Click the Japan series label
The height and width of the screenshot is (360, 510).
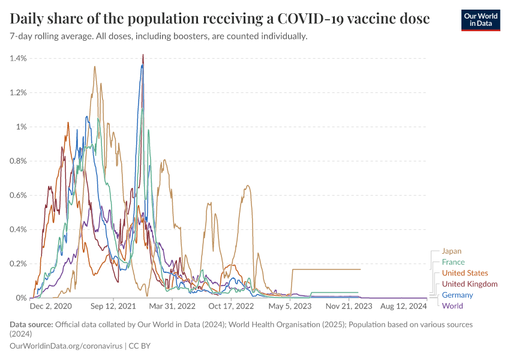pos(451,251)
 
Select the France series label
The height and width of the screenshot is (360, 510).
pos(453,262)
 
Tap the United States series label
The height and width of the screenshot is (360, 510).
pos(465,273)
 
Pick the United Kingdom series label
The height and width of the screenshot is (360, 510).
pos(469,284)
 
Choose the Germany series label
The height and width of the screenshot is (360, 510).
pos(457,295)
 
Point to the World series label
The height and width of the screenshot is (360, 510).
pos(452,305)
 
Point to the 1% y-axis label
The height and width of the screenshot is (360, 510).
pos(22,127)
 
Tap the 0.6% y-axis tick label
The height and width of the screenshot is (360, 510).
pos(19,195)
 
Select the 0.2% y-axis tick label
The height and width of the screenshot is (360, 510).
pos(19,263)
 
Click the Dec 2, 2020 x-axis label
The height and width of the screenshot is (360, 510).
pos(50,306)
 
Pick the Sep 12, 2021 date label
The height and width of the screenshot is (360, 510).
pos(114,306)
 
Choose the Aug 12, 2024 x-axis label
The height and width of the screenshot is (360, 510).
pos(405,306)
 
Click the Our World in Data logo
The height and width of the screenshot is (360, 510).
pos(480,19)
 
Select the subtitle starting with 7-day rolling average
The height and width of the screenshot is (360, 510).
pos(159,37)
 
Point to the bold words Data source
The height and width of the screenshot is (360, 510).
pos(31,325)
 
